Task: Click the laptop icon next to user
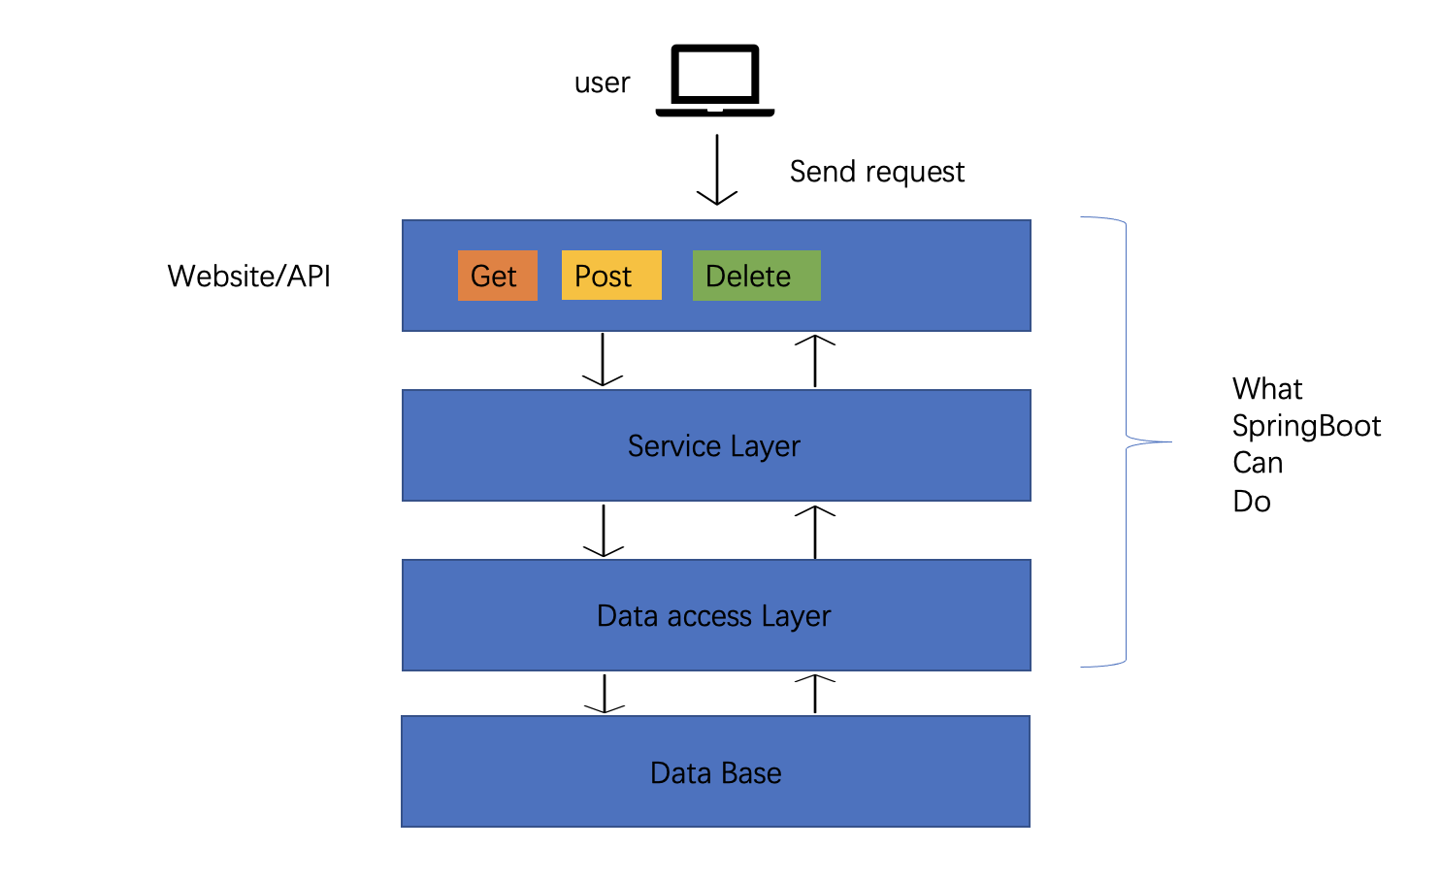(x=715, y=80)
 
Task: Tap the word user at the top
(x=602, y=83)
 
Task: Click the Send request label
(x=876, y=172)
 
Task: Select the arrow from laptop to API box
(x=717, y=170)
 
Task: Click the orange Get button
(x=497, y=276)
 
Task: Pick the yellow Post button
(x=610, y=276)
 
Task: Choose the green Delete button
(x=756, y=276)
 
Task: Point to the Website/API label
(x=248, y=277)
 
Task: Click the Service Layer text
(x=714, y=446)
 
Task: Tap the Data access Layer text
(x=714, y=616)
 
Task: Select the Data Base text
(x=715, y=773)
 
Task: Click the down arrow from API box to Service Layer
(x=603, y=360)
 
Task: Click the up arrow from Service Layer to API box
(x=815, y=360)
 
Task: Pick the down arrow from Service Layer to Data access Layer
(x=604, y=531)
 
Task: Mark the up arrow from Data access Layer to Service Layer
(x=815, y=532)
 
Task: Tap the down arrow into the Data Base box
(x=605, y=694)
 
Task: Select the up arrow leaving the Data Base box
(x=815, y=694)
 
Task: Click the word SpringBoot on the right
(x=1306, y=426)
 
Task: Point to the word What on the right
(x=1267, y=389)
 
